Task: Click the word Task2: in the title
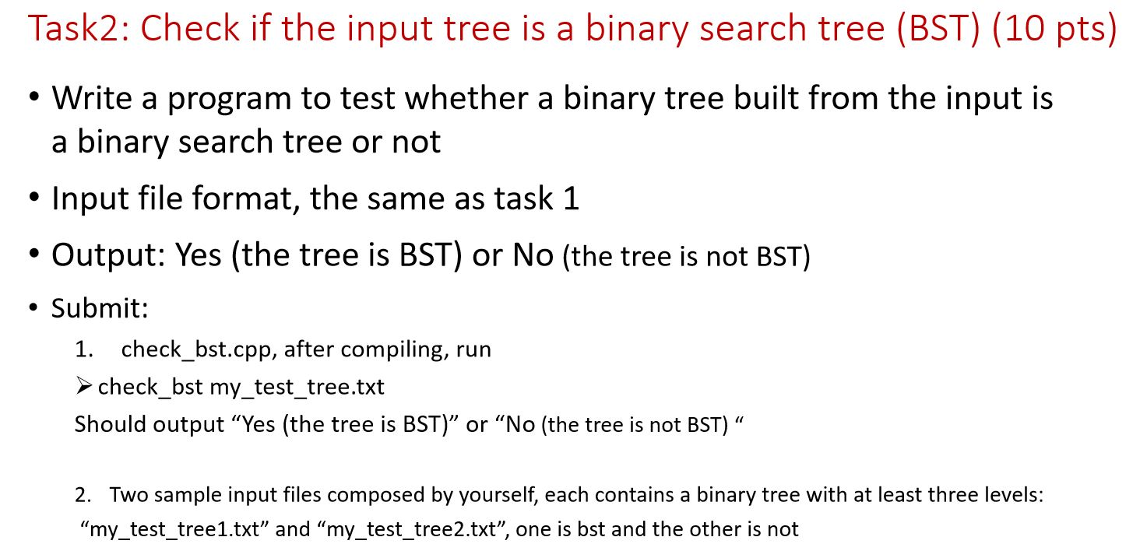click(79, 28)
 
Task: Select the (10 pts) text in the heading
click(1054, 29)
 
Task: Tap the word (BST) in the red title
click(938, 29)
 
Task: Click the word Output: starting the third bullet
click(108, 254)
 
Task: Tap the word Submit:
click(100, 308)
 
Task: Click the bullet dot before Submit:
click(33, 308)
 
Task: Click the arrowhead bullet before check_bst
click(83, 386)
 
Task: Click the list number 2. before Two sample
click(83, 495)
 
